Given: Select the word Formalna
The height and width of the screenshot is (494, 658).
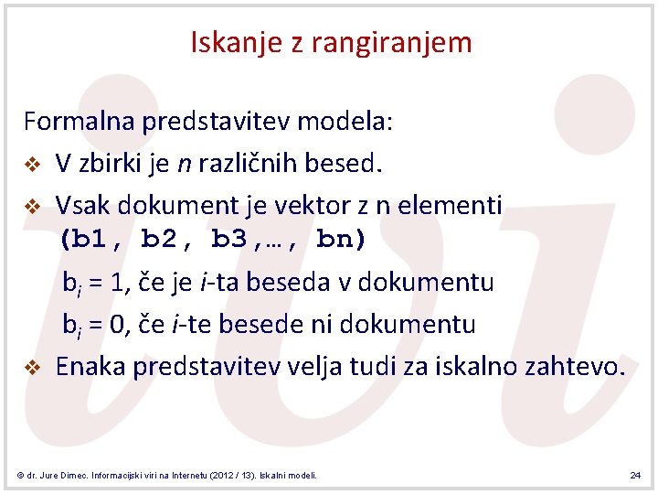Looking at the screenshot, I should coord(80,122).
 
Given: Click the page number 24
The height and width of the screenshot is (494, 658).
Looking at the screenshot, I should coord(635,476).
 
